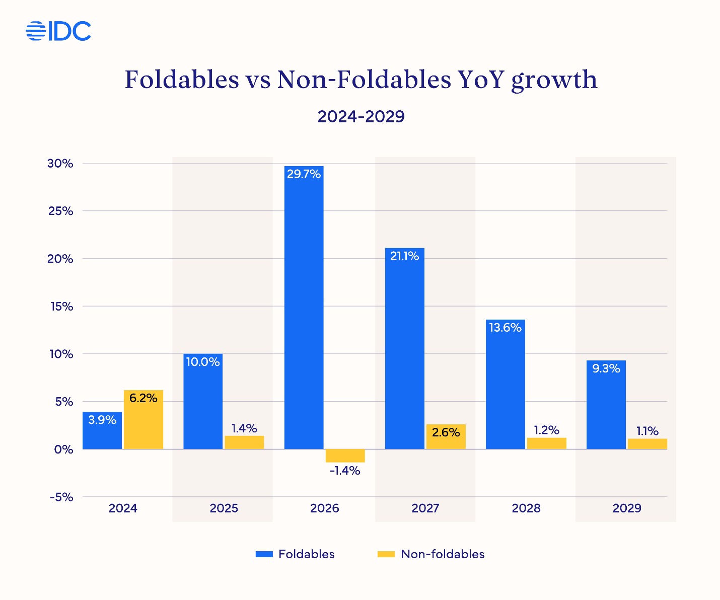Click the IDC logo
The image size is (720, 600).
[x=58, y=31]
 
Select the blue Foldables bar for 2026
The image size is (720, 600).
[x=304, y=312]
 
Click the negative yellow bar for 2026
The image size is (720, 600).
[x=345, y=456]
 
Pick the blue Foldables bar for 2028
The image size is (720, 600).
[x=505, y=388]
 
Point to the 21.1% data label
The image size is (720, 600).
[x=404, y=256]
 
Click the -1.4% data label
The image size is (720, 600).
[x=345, y=471]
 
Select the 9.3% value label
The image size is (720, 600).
[x=606, y=368]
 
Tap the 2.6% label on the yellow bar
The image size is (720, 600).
[x=446, y=432]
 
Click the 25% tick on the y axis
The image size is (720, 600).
[x=61, y=211]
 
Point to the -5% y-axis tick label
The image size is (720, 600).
[x=61, y=497]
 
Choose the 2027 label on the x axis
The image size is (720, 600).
[x=425, y=508]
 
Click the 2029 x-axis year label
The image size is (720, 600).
[x=626, y=508]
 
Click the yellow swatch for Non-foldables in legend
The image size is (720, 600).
[x=386, y=554]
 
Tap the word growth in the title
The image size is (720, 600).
[x=554, y=81]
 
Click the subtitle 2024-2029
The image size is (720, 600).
[x=361, y=117]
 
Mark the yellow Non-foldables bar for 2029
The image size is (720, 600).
[x=647, y=444]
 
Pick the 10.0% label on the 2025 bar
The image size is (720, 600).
[x=203, y=362]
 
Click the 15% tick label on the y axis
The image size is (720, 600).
[x=61, y=307]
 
